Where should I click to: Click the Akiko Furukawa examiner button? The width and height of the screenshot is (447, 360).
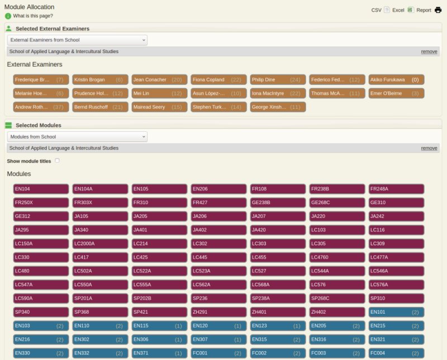396,80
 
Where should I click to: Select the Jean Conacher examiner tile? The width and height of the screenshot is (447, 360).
159,80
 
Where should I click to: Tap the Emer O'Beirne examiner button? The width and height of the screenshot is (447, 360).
396,93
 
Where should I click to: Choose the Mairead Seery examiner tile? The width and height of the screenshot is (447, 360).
159,107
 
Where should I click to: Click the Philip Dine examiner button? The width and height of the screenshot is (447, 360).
278,80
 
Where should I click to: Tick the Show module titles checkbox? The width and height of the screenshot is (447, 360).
57,161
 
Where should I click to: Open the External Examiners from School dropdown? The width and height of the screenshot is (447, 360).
77,40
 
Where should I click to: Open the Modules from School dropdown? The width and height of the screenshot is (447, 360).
77,136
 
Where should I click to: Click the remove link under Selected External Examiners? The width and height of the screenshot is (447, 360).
429,51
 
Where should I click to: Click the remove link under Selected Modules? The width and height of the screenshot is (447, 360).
429,148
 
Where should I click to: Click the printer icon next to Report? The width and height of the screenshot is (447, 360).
438,10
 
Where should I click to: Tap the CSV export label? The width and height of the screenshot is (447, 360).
377,10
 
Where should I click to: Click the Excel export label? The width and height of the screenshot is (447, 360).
398,10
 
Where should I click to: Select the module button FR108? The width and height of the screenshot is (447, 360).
278,189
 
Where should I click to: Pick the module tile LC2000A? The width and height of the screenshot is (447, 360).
100,244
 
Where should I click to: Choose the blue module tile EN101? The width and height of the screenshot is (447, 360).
396,312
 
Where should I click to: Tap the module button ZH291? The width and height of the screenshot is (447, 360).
218,312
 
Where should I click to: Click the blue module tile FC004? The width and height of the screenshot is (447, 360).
396,353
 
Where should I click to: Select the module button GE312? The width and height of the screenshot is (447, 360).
41,216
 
